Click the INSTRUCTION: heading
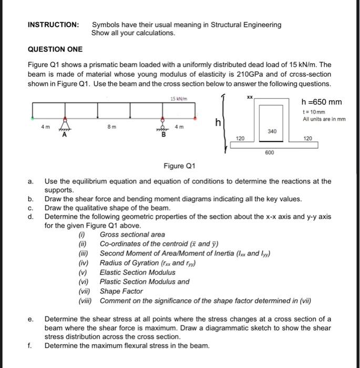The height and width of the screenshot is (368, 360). point(53,25)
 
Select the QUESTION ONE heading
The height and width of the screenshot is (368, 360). point(55,49)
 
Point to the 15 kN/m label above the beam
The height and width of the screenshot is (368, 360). point(176,99)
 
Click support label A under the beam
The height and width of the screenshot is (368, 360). point(65,136)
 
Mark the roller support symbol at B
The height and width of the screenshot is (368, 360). point(162,126)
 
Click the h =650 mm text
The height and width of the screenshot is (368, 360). point(322,102)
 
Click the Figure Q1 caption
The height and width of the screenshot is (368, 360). point(180,167)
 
